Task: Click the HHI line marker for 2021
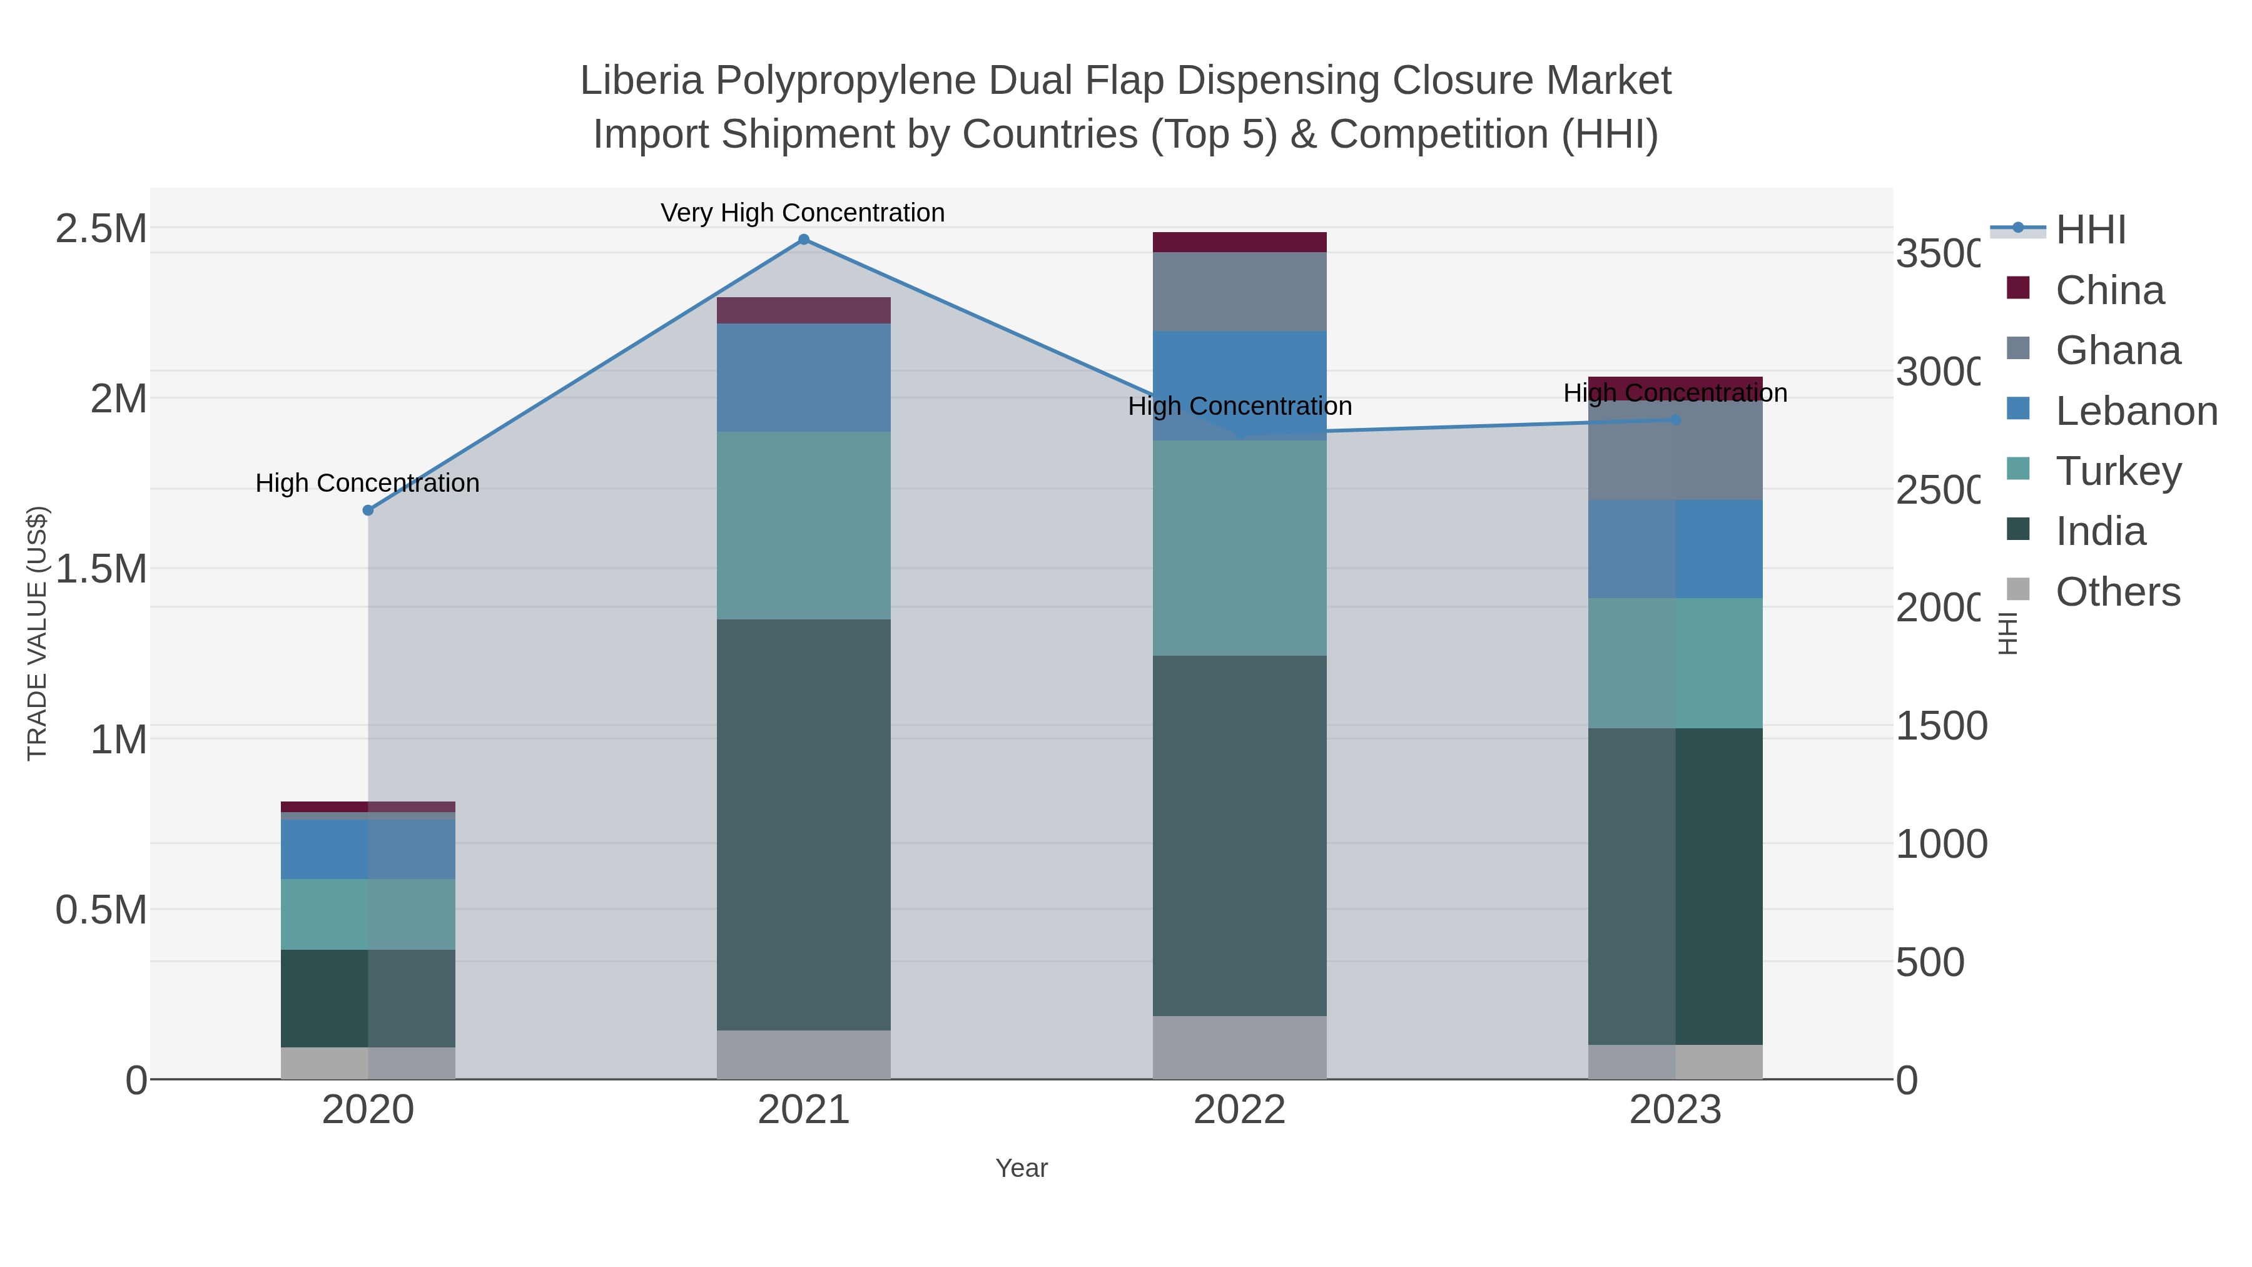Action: pos(803,240)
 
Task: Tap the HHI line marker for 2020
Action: pos(368,510)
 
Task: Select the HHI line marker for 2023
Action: pos(1675,420)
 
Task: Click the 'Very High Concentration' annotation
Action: pos(803,213)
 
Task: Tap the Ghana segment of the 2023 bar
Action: pos(1675,450)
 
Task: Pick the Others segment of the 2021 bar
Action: pos(803,1054)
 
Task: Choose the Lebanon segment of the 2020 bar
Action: pos(368,848)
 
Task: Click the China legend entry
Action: pos(2109,290)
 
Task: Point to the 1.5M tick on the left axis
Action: pos(101,568)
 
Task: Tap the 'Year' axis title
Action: pos(1021,1168)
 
